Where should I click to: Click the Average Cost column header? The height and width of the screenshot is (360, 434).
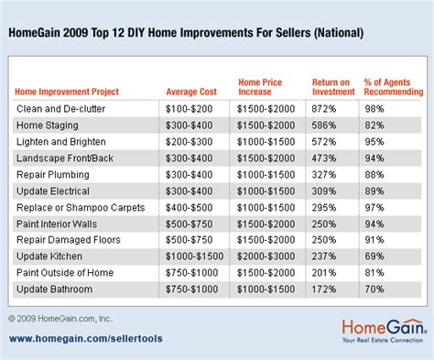click(190, 92)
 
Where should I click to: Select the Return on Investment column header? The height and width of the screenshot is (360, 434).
click(331, 86)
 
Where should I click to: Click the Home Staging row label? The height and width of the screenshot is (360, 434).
click(44, 125)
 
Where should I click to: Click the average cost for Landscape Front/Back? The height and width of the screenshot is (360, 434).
click(190, 158)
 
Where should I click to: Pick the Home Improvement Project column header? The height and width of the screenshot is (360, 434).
click(68, 92)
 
